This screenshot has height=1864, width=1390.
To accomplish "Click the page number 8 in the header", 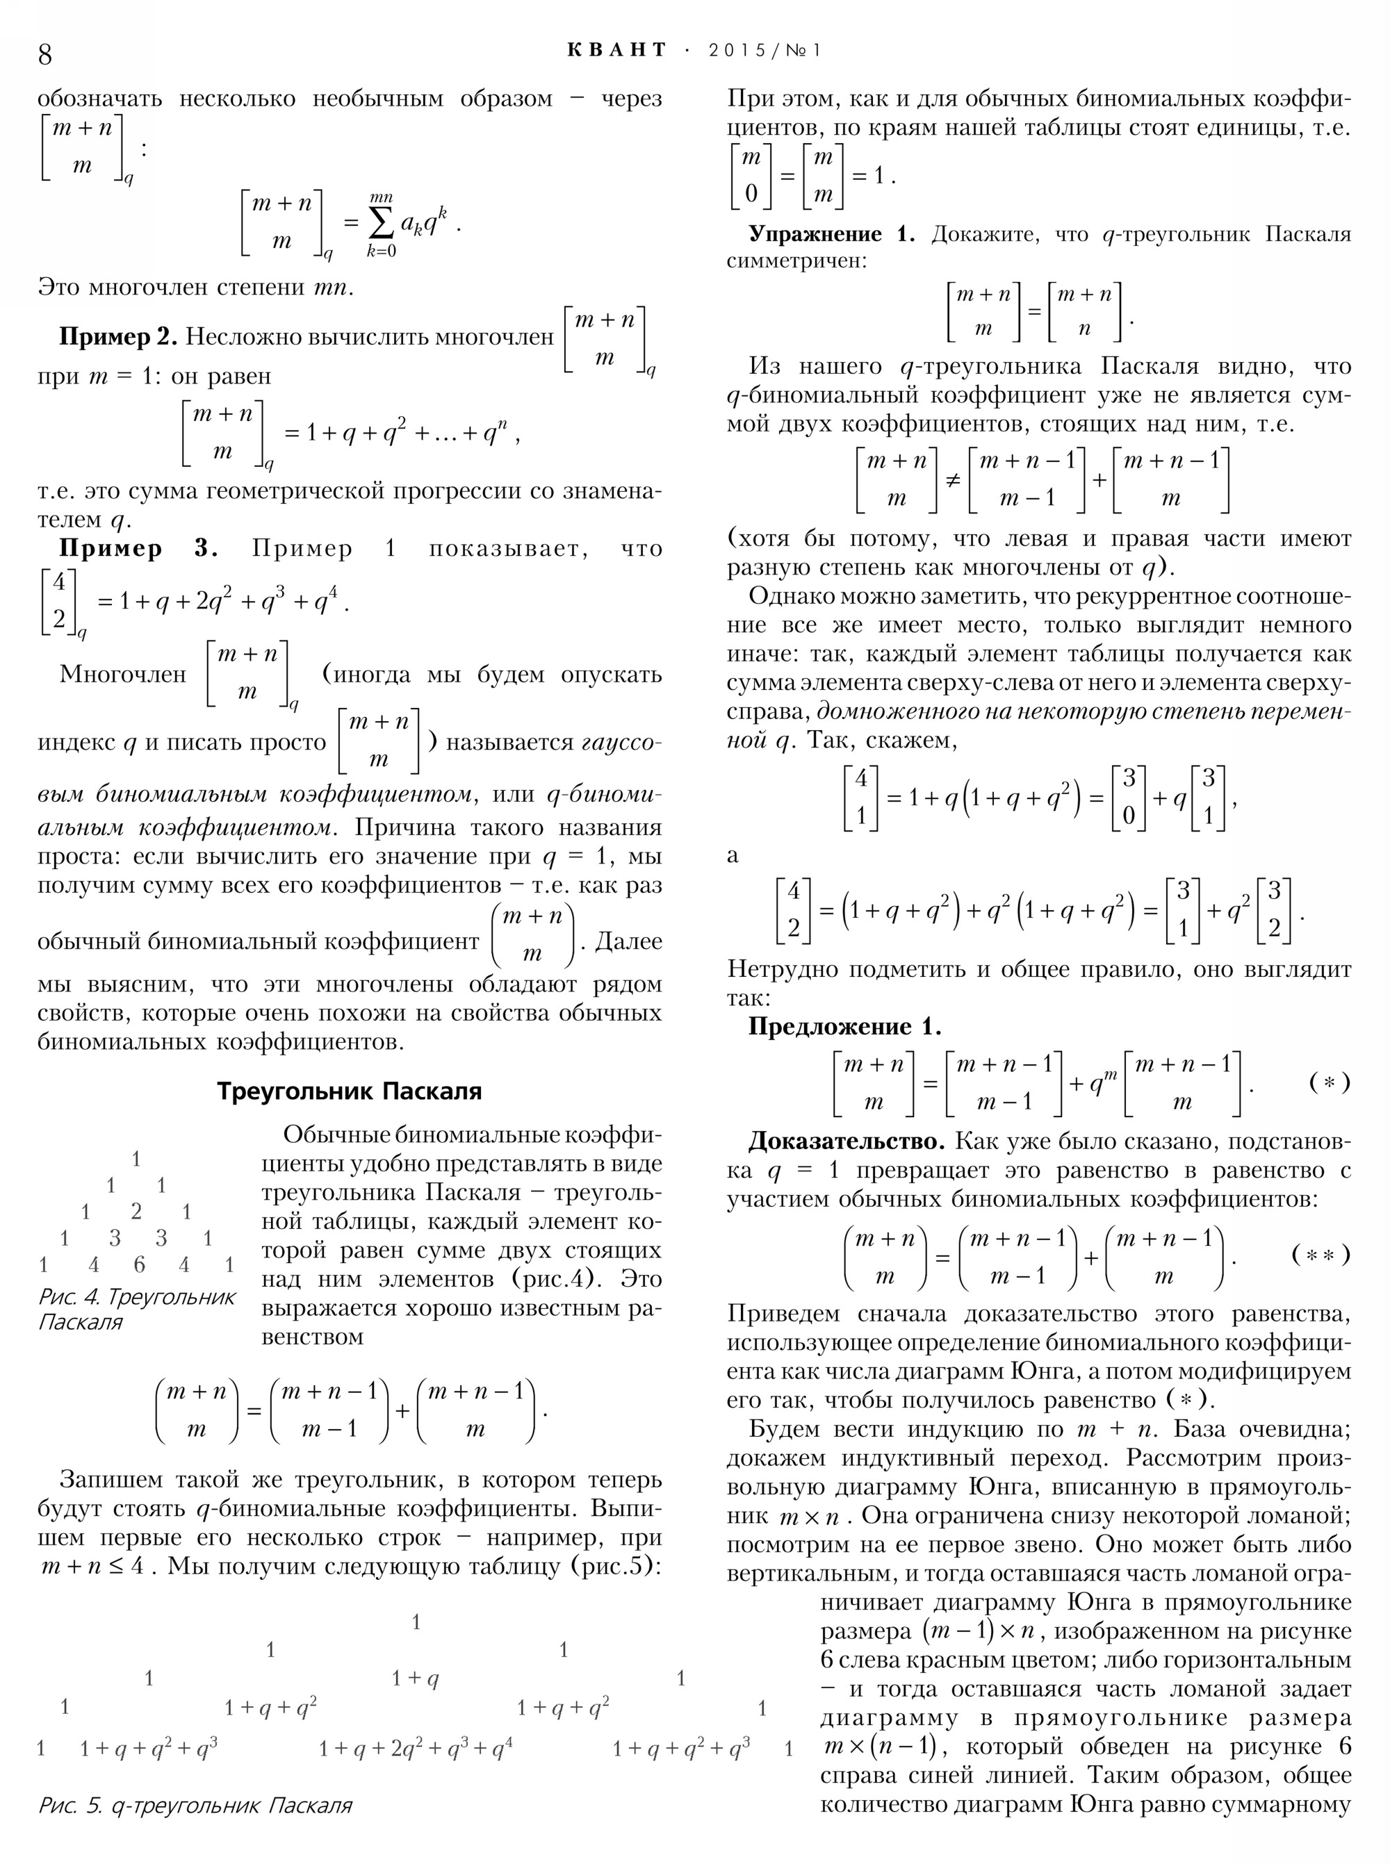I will pyautogui.click(x=45, y=53).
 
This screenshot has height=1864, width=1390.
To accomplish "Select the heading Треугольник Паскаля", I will pyautogui.click(x=349, y=1091).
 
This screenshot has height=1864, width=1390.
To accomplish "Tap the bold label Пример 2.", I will pyautogui.click(x=117, y=338).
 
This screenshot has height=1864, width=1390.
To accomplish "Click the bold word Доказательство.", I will pyautogui.click(x=847, y=1141).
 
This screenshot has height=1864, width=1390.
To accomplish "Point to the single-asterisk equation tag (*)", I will pyautogui.click(x=1330, y=1082).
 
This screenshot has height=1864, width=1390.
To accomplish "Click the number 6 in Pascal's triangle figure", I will pyautogui.click(x=140, y=1264).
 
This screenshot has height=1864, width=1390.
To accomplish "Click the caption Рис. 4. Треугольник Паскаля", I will pyautogui.click(x=136, y=1309).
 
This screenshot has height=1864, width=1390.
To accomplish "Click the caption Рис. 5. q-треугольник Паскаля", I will pyautogui.click(x=195, y=1805).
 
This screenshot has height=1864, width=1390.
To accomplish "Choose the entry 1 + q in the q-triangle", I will pyautogui.click(x=416, y=1680).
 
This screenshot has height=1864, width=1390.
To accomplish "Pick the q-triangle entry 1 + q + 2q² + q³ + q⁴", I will pyautogui.click(x=416, y=1749).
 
